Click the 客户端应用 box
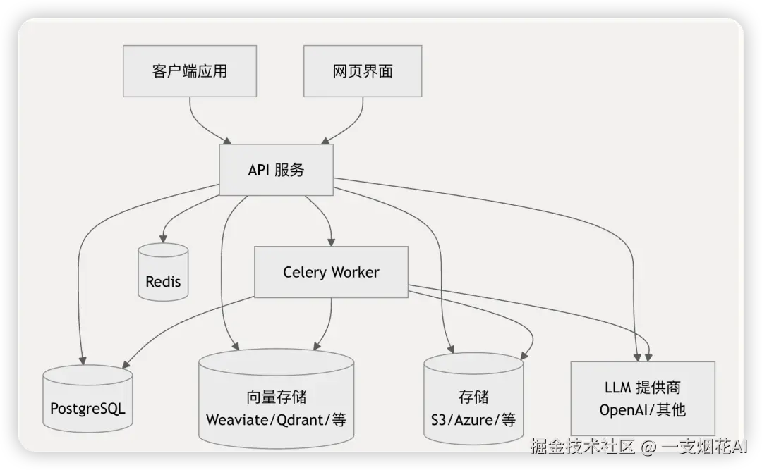click(190, 71)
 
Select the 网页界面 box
click(363, 71)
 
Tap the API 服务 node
click(276, 170)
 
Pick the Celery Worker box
click(331, 272)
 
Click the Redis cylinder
click(163, 273)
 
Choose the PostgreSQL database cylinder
click(88, 399)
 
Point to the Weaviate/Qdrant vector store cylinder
click(276, 398)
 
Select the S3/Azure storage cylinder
click(473, 399)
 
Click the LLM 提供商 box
click(643, 398)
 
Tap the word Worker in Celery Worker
click(355, 272)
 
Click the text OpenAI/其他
click(643, 410)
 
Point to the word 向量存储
click(276, 397)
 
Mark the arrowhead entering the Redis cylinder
click(163, 239)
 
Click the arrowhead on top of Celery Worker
click(332, 242)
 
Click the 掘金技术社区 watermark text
click(583, 446)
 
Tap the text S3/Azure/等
click(473, 419)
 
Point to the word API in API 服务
click(258, 170)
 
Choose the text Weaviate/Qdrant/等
click(276, 419)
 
